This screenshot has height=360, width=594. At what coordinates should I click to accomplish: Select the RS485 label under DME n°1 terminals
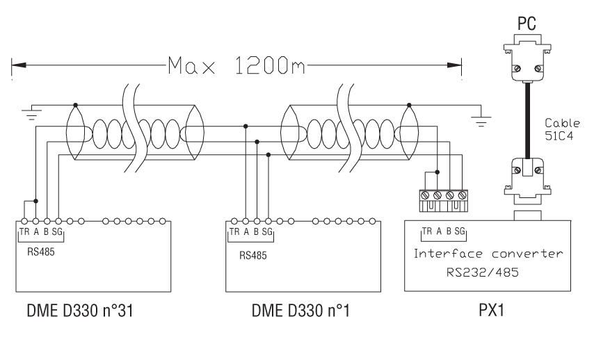[253, 254]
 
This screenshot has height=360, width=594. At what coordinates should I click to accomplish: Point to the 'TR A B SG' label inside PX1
[443, 232]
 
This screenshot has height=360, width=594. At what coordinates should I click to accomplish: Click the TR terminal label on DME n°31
[23, 233]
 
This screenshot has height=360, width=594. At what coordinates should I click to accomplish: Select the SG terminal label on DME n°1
[268, 233]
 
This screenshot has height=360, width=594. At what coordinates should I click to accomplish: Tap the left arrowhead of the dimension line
[15, 67]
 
